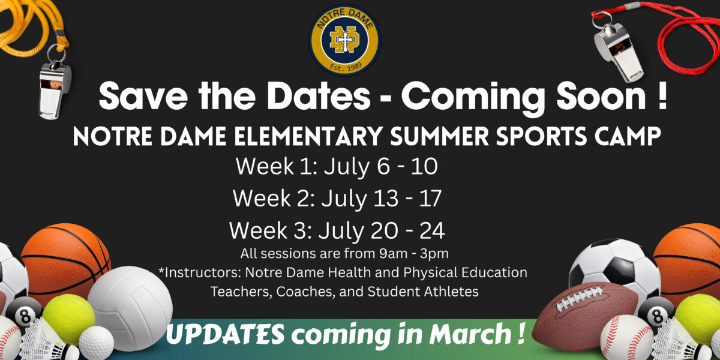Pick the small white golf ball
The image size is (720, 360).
pyautogui.click(x=96, y=343)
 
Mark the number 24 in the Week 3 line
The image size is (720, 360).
pyautogui.click(x=431, y=230)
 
